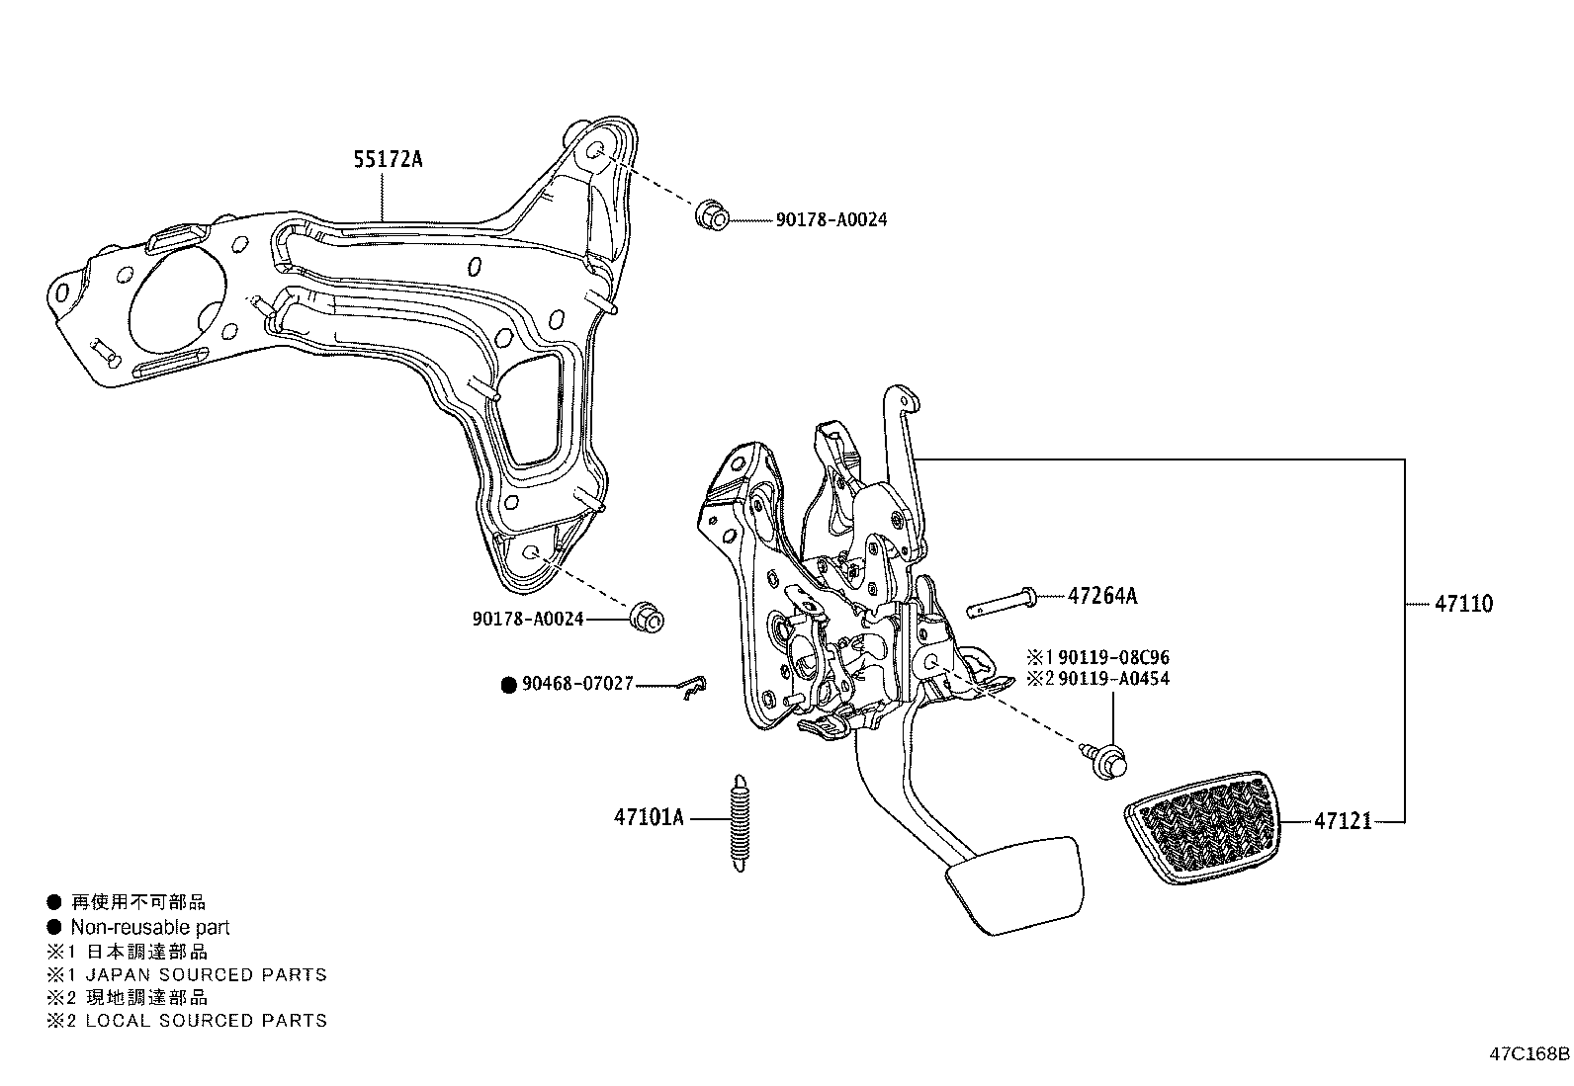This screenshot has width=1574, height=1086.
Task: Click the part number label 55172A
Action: coord(388,159)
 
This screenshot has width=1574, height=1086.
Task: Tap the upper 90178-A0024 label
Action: coord(831,219)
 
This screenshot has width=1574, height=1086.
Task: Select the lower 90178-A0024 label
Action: coord(528,620)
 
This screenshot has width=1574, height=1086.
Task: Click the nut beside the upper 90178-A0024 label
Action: coord(712,214)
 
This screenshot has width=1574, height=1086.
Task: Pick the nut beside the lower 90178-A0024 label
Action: coord(647,617)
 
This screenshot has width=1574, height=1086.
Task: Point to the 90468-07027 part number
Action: coord(577,684)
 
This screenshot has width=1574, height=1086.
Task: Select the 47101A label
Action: coord(648,818)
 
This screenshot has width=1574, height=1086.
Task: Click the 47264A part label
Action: coord(1102,596)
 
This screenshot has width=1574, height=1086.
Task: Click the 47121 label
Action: coord(1343,821)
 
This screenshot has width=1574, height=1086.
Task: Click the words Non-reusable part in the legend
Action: coord(149,927)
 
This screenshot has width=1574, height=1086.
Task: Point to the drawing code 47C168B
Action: coord(1529,1053)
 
